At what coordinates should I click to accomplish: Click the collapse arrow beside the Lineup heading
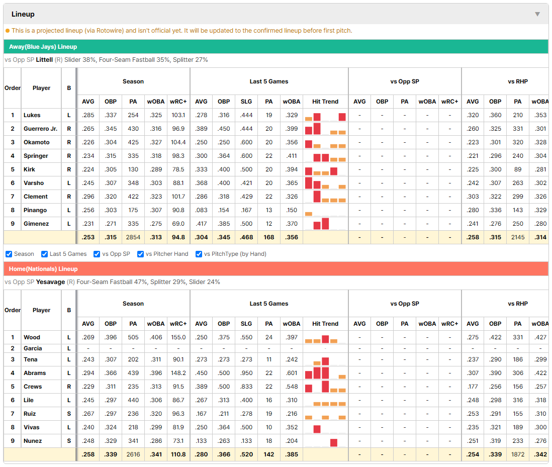point(537,14)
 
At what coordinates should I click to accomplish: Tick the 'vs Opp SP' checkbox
point(97,254)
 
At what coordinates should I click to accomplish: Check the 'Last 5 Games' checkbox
point(44,254)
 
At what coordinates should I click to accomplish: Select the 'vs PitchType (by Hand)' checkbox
point(199,254)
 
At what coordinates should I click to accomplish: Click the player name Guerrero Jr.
point(41,129)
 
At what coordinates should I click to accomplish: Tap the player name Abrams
point(35,373)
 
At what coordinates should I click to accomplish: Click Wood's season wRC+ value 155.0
point(178,337)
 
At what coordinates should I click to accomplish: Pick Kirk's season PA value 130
point(133,169)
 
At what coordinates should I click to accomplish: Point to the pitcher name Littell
point(44,60)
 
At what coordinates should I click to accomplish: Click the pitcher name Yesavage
point(50,282)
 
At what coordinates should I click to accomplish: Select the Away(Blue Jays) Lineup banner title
point(43,47)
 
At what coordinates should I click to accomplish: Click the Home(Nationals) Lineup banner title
point(43,269)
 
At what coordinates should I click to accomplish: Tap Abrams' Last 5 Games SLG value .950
point(246,373)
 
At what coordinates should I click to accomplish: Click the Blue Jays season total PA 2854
point(133,237)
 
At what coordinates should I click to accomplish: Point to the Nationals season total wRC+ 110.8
point(178,454)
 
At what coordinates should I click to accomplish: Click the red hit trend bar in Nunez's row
point(334,443)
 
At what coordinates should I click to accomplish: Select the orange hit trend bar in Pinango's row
point(309,214)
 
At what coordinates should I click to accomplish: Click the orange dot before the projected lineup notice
point(8,31)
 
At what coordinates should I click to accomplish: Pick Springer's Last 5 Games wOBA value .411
point(292,156)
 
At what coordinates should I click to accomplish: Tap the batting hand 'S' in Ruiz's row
point(69,414)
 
